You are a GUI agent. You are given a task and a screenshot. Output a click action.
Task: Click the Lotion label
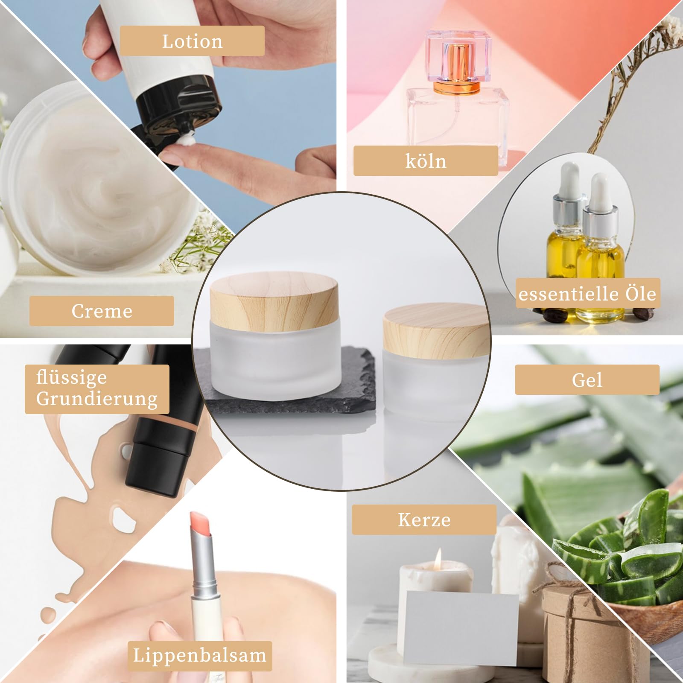tap(192, 41)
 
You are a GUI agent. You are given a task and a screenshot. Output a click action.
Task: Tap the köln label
tap(426, 161)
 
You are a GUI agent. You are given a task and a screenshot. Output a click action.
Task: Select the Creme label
tap(102, 311)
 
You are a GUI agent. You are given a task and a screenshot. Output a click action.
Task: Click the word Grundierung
tap(97, 399)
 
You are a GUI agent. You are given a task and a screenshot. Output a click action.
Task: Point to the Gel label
tap(587, 379)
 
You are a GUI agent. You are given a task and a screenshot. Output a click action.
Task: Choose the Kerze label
tap(424, 520)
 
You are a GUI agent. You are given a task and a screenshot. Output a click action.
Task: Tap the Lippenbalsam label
tap(199, 655)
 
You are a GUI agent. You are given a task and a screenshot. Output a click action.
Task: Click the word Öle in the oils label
tap(641, 293)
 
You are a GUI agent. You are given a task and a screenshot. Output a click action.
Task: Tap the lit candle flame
tap(438, 558)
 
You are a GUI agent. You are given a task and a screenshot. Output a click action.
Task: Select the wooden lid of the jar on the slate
tap(273, 298)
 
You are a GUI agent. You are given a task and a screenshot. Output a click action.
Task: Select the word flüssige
tap(72, 377)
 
